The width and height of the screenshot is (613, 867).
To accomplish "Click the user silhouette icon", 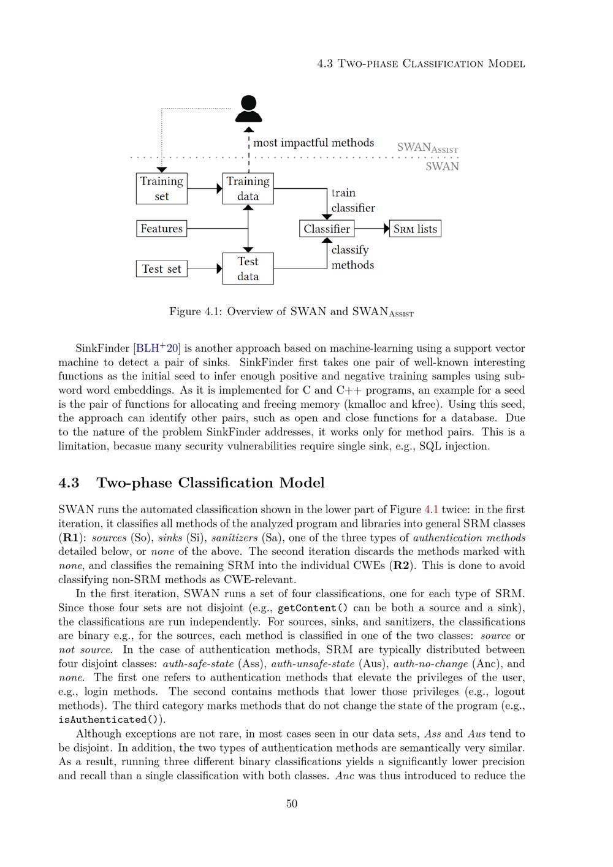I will tap(248, 109).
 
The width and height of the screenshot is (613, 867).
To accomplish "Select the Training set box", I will tap(161, 188).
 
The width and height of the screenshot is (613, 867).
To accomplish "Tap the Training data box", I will tap(248, 188).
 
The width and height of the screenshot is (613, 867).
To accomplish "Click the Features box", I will tap(161, 229).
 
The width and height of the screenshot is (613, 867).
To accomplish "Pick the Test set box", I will tap(161, 269).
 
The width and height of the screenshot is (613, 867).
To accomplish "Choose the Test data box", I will tap(248, 269).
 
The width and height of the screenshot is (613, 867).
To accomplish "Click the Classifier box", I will tap(327, 229).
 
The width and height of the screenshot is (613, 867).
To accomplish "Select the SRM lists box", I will tap(415, 229).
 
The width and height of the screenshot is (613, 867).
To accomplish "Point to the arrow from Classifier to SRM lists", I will tap(371, 229).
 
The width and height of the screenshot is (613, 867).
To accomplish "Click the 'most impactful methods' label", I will tap(313, 143).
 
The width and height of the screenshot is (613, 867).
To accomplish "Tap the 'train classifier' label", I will tap(352, 201).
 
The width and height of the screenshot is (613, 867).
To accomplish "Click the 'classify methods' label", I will tap(352, 258).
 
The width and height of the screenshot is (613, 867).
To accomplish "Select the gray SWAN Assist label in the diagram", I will tap(427, 148).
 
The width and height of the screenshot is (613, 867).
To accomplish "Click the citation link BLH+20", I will tap(157, 348).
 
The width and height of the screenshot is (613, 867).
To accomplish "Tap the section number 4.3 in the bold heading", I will tap(69, 483).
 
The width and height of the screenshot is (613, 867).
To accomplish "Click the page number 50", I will tap(292, 804).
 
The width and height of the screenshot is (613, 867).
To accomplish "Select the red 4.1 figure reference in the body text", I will tap(432, 510).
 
